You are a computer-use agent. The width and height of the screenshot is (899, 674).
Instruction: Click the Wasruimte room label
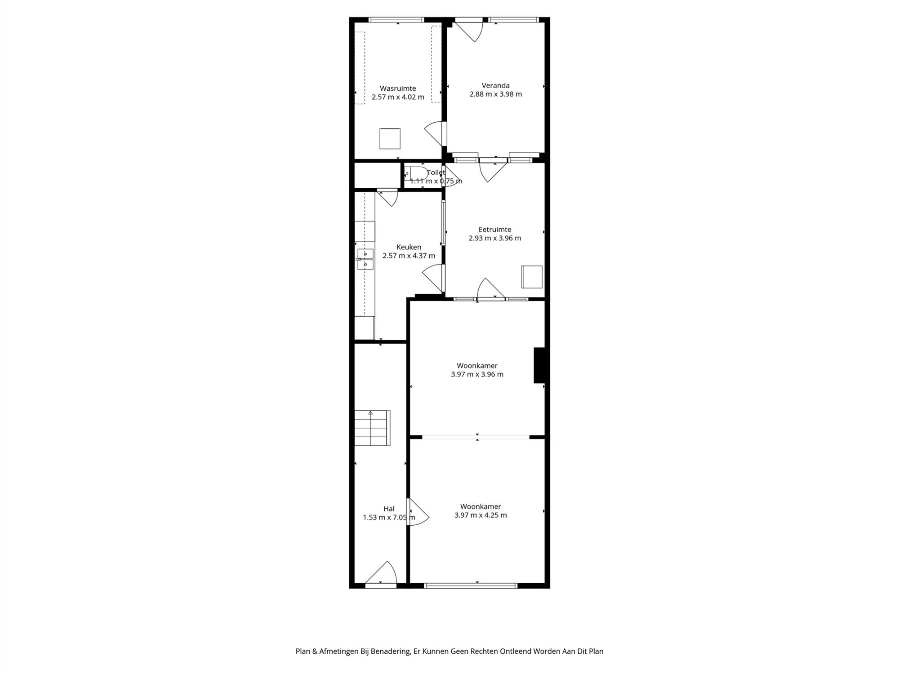[398, 89]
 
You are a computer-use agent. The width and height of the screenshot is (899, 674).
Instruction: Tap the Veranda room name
[495, 85]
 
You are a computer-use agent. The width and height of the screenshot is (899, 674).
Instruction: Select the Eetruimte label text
[494, 230]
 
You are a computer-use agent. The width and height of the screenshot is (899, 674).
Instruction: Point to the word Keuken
[409, 247]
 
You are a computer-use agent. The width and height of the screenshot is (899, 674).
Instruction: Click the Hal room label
[389, 509]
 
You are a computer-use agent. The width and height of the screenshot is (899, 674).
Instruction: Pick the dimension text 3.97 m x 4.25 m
[481, 515]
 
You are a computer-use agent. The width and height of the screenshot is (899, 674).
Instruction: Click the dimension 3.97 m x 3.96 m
[477, 374]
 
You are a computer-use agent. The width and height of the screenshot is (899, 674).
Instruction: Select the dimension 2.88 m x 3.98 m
[495, 94]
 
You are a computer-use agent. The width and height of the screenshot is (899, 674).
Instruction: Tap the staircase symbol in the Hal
[372, 428]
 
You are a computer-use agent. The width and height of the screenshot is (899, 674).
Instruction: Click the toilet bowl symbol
[416, 173]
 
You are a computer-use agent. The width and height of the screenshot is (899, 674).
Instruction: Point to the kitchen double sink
[365, 259]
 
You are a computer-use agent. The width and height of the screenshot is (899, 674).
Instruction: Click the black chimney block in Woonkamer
[539, 365]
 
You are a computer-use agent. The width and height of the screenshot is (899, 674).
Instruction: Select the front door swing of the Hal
[381, 574]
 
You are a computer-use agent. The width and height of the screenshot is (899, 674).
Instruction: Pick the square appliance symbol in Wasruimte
[390, 138]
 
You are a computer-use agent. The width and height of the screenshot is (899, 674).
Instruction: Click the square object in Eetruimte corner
[532, 277]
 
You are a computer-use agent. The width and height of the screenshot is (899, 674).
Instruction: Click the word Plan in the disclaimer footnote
[303, 651]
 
